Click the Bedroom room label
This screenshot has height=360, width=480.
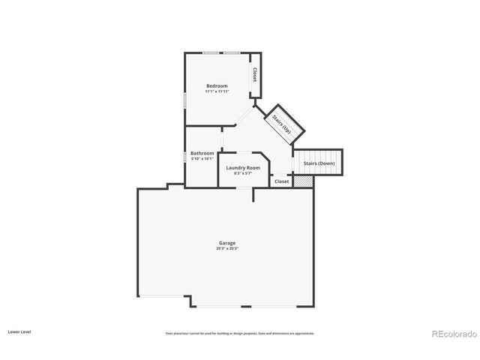217,85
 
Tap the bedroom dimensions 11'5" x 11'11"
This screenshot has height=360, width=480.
217,91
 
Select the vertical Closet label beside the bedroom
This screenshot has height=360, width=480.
255,75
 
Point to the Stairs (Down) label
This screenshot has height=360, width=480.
319,163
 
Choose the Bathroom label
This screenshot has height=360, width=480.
202,153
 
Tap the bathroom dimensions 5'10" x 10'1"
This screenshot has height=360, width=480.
202,158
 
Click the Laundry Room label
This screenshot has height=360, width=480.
243,167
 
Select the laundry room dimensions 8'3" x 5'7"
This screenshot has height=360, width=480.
243,173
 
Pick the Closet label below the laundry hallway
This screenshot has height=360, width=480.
281,181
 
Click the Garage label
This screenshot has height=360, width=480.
227,242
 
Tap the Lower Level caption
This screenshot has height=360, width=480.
19,331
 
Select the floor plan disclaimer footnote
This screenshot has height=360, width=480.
239,333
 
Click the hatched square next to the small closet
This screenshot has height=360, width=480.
302,181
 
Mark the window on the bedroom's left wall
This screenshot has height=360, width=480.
185,100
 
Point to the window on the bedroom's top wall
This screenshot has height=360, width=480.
221,53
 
